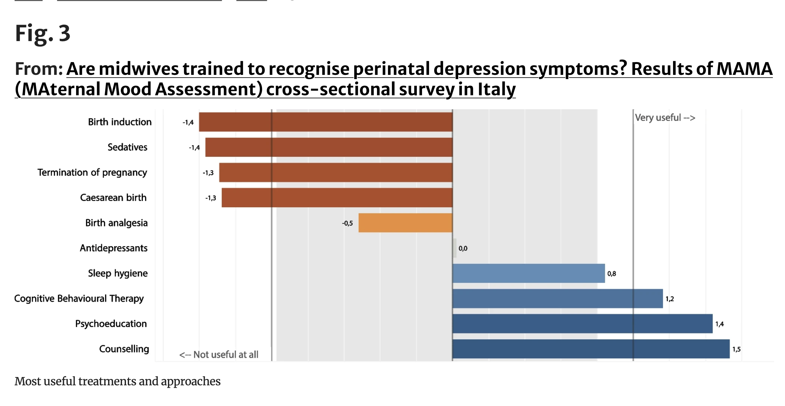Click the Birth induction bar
click(x=326, y=122)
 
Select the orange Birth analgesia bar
click(x=405, y=223)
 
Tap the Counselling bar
click(x=591, y=349)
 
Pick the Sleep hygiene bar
click(x=529, y=273)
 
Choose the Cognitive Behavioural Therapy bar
click(x=558, y=298)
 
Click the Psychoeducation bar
click(x=582, y=324)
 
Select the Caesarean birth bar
click(x=337, y=198)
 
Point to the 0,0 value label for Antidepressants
click(x=463, y=248)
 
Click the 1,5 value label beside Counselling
click(x=737, y=349)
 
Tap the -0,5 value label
click(x=347, y=223)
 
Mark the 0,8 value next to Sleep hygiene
click(x=612, y=274)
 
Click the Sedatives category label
click(x=127, y=147)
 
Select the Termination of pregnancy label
click(x=92, y=173)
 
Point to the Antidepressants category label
click(x=114, y=248)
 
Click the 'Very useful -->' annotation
click(x=665, y=118)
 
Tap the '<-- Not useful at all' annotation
click(x=219, y=355)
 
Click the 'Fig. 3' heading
click(x=43, y=33)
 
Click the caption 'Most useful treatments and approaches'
click(x=117, y=381)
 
